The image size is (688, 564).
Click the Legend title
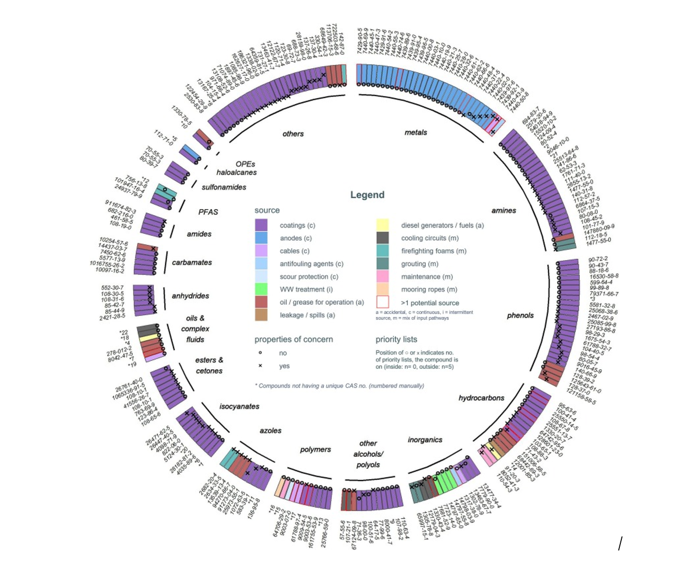click(x=367, y=195)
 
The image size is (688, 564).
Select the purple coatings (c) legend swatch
click(x=261, y=225)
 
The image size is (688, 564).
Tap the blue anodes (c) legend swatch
click(x=261, y=238)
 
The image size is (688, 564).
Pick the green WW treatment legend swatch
click(x=261, y=289)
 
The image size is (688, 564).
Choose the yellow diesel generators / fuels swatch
click(x=382, y=225)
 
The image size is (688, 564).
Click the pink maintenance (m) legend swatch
click(x=382, y=276)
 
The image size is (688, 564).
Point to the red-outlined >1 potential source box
click(x=382, y=302)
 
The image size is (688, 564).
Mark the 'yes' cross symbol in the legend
click(x=260, y=366)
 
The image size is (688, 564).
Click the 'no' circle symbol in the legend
click(x=260, y=353)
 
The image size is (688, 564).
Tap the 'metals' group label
click(x=416, y=132)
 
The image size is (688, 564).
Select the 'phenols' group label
click(x=520, y=316)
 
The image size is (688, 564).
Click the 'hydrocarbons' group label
click(x=481, y=398)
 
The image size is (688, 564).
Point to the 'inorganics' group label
click(x=425, y=440)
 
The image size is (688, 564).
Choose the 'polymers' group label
click(x=315, y=449)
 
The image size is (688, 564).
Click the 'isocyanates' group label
click(x=239, y=406)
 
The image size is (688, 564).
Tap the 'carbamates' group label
click(x=192, y=262)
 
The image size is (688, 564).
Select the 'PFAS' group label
click(x=208, y=212)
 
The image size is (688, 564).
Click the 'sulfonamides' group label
click(x=224, y=187)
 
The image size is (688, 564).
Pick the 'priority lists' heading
click(x=396, y=339)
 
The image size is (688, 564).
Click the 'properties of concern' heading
click(x=294, y=339)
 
